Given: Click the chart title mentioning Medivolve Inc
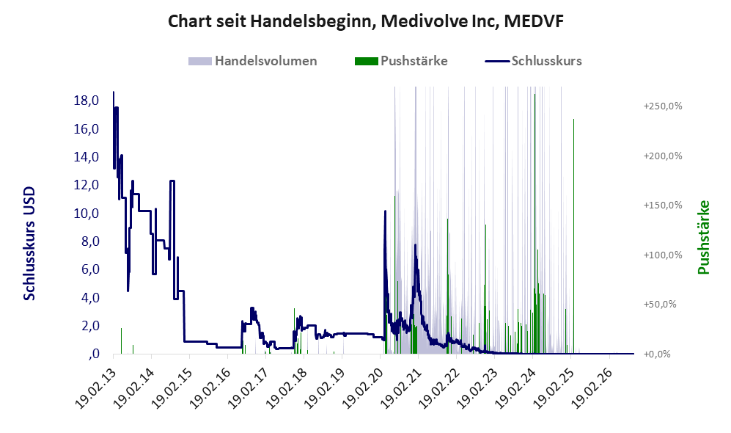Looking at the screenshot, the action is [x=365, y=21].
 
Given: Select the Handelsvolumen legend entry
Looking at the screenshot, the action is [x=253, y=61].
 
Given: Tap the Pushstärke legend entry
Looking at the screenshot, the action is [x=401, y=61].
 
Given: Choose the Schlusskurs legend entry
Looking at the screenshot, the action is [x=533, y=61].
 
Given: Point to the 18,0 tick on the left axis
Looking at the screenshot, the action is [x=87, y=101].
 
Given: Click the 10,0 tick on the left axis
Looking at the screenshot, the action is [x=87, y=214].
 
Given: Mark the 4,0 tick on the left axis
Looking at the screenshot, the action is [x=90, y=298].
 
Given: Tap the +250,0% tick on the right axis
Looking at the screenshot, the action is [x=663, y=106].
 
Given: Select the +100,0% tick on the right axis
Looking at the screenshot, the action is [x=663, y=255].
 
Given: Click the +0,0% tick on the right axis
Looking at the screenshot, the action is [x=657, y=354].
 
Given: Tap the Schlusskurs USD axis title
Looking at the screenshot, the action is [x=29, y=244].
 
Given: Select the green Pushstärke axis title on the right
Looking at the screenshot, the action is [x=703, y=238].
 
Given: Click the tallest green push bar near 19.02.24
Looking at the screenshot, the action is [x=535, y=224].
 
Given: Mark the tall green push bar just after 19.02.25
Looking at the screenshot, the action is [x=573, y=236].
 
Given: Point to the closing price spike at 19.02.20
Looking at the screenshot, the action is [x=385, y=211].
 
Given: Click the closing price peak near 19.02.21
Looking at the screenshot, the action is [x=415, y=245].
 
